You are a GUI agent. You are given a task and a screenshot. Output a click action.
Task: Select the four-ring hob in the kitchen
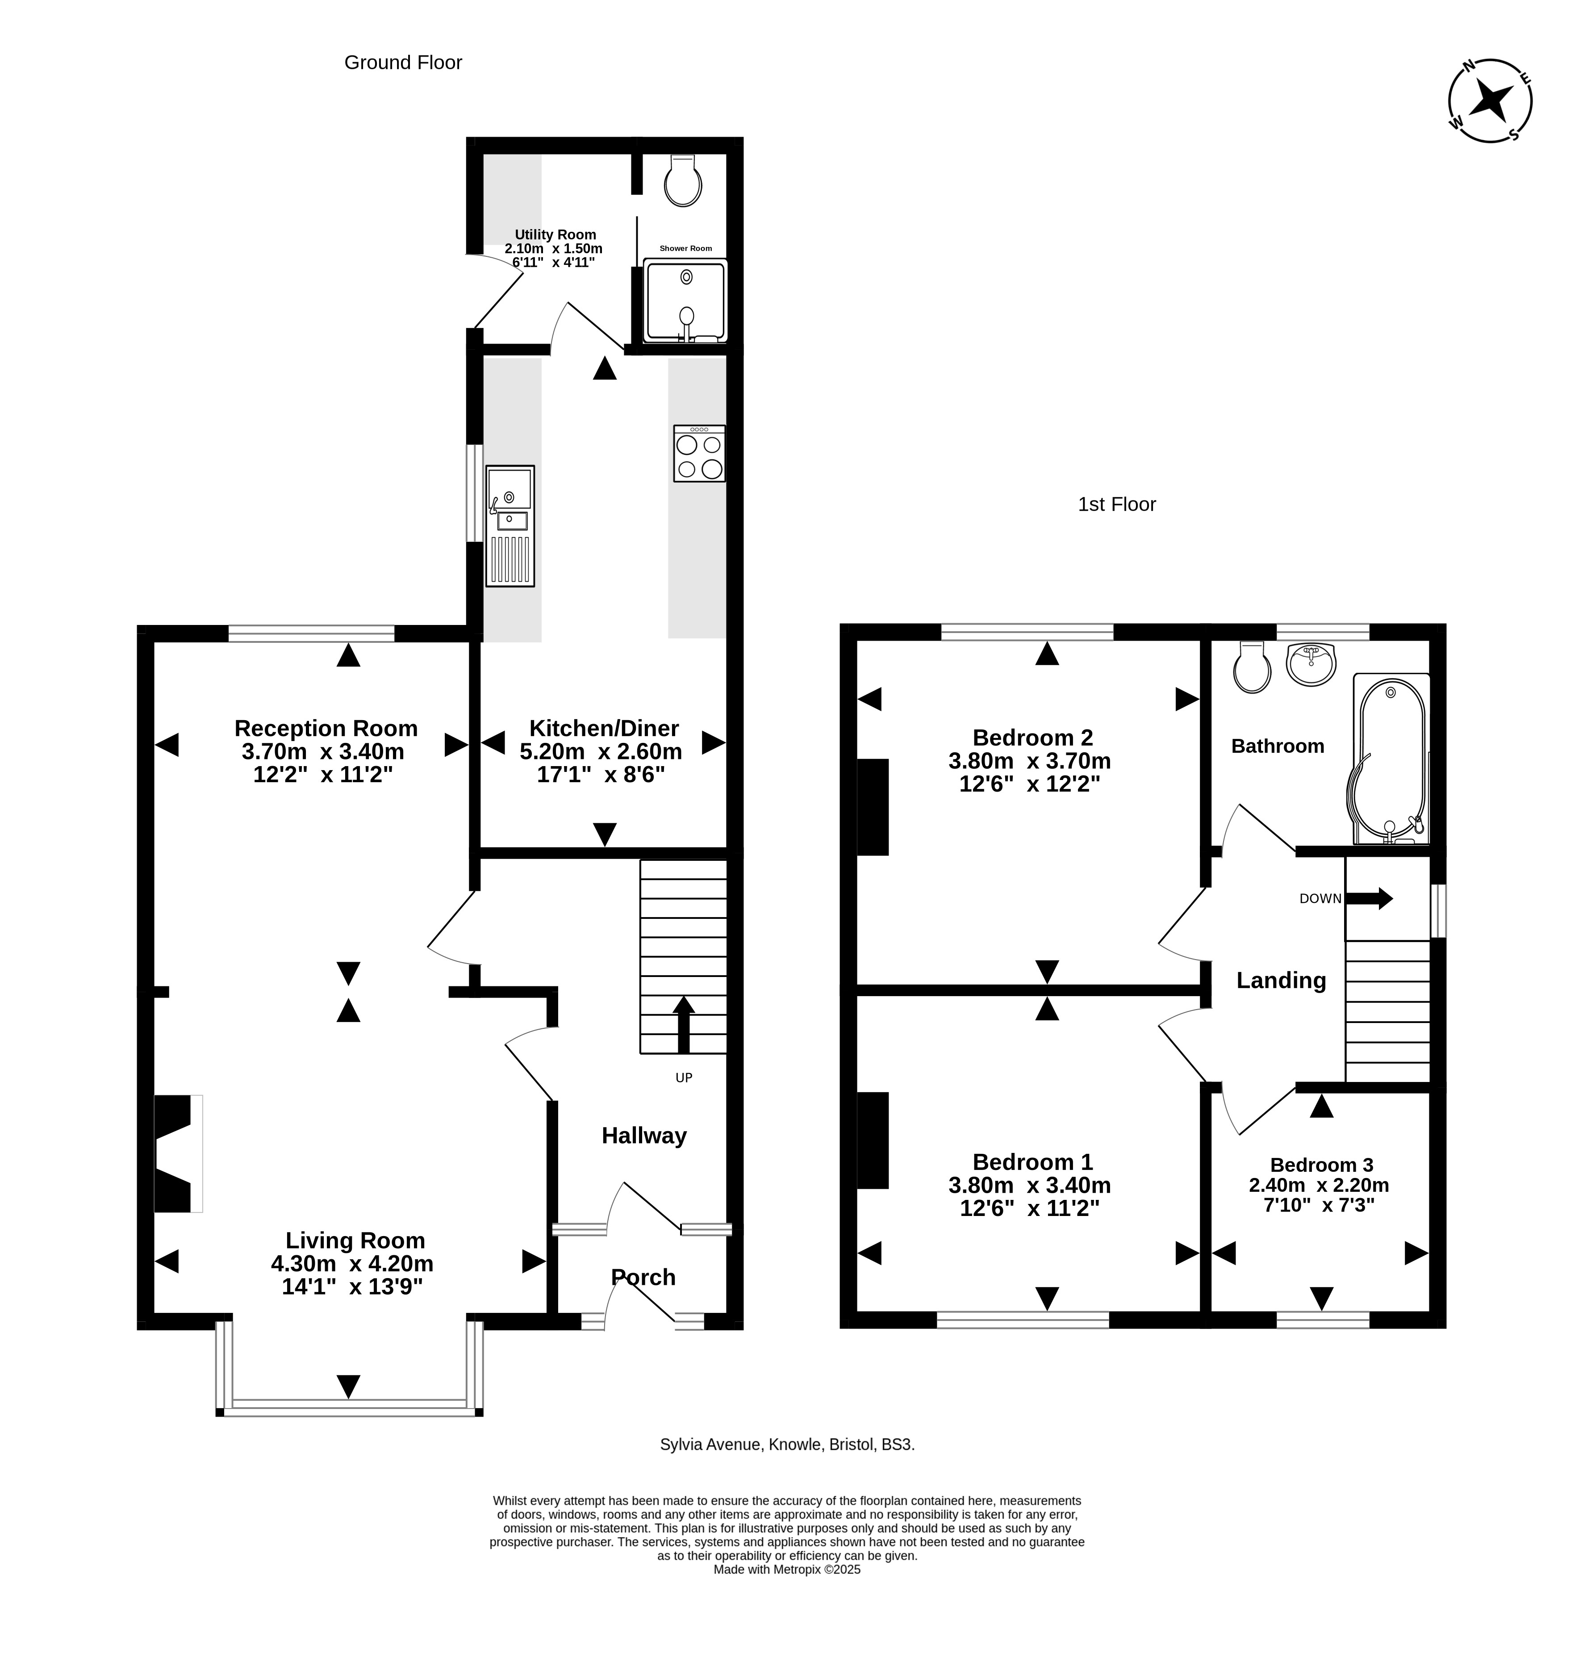(x=700, y=453)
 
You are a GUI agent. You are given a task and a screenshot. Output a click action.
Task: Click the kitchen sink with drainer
(x=510, y=525)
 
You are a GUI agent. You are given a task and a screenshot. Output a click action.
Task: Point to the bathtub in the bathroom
(x=1391, y=758)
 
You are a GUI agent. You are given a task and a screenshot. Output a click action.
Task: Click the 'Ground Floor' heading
(x=403, y=63)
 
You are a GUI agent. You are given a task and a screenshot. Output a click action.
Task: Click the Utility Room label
(x=555, y=235)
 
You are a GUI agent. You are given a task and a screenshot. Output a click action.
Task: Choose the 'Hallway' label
(x=644, y=1136)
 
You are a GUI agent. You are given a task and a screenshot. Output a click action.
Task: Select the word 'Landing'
(x=1281, y=981)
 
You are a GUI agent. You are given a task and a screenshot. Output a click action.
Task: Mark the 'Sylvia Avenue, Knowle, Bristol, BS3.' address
(x=787, y=1444)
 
